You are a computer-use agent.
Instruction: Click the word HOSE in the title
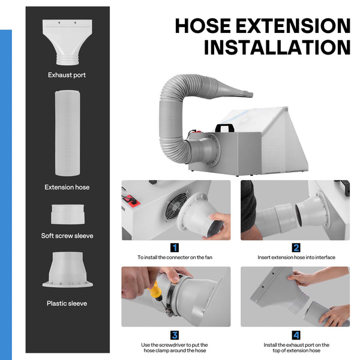click(x=203, y=26)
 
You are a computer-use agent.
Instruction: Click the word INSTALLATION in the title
click(x=277, y=47)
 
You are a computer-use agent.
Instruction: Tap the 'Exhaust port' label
click(x=67, y=75)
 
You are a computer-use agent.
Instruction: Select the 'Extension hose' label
click(x=67, y=187)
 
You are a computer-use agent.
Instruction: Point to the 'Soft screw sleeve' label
click(x=67, y=236)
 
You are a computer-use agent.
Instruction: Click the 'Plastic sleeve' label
click(x=67, y=303)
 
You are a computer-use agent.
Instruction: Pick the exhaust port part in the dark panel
click(x=67, y=42)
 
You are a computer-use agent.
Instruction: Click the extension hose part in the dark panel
click(x=67, y=133)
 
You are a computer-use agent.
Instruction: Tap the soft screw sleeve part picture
click(x=68, y=214)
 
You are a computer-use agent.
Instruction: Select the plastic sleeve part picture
click(x=68, y=270)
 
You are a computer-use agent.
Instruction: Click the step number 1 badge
click(x=175, y=248)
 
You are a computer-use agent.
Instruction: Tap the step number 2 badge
click(x=296, y=248)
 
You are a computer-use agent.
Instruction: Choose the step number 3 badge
click(x=175, y=335)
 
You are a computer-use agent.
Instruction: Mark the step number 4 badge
click(x=296, y=335)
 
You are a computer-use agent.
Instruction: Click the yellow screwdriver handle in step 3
click(x=155, y=289)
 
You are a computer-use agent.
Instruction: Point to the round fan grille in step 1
click(x=176, y=205)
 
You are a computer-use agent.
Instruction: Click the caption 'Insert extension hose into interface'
click(x=296, y=257)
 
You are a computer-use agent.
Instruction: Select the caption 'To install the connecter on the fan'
click(x=175, y=257)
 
